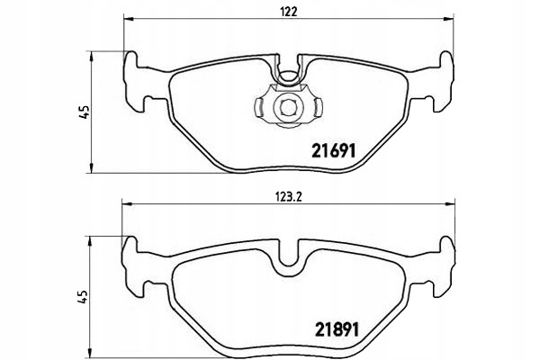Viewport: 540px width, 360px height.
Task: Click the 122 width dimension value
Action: tap(288, 13)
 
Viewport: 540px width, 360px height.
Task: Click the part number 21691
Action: tap(334, 152)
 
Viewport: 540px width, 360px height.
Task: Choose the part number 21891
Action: tap(334, 329)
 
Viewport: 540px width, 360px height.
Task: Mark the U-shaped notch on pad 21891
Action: tap(288, 262)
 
